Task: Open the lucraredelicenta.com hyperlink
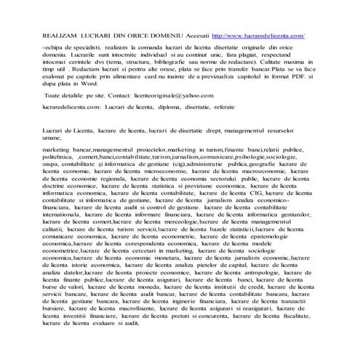click(x=257, y=34)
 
